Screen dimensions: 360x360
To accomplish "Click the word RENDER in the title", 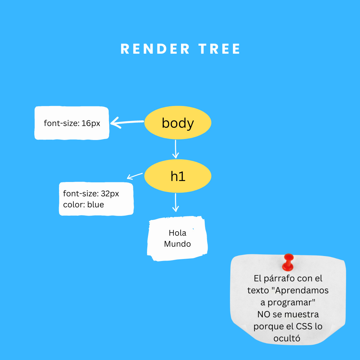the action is click(x=155, y=49).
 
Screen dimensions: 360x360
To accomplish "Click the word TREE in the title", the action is click(x=220, y=49).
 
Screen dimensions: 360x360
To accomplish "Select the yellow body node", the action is click(x=178, y=123).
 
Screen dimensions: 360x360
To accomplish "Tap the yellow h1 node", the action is click(x=178, y=176).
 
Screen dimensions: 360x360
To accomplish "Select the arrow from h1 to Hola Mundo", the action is click(x=176, y=202).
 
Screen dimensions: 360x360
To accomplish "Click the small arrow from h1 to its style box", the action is click(x=135, y=176).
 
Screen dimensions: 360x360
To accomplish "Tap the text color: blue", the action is click(x=83, y=204).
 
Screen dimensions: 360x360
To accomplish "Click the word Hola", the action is click(x=177, y=233).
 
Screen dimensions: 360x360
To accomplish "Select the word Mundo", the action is click(x=177, y=244).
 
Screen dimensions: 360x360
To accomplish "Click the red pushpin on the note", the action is click(x=288, y=262).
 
